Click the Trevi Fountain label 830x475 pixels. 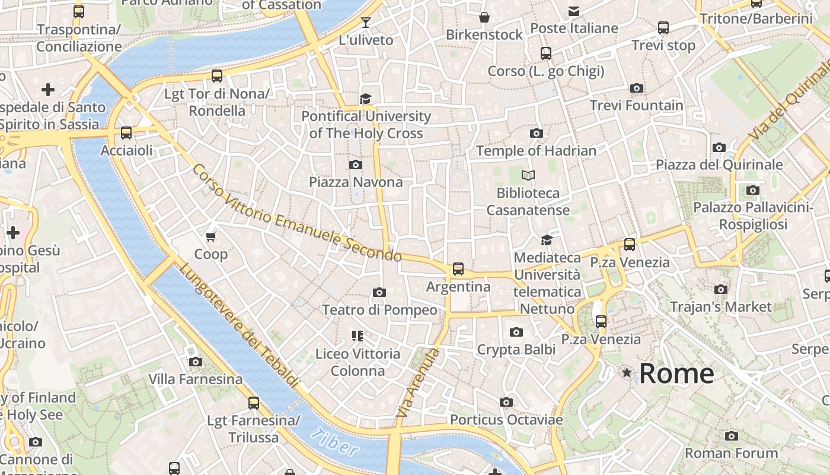[x=636, y=106]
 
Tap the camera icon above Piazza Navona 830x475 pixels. [x=356, y=164]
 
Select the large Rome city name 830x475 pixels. [x=676, y=373]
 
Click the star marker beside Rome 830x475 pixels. [x=627, y=373]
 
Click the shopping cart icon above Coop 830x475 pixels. [x=210, y=236]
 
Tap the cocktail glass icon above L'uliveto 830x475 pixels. [x=366, y=23]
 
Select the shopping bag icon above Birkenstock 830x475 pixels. [x=484, y=17]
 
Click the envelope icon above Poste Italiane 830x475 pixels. [x=574, y=11]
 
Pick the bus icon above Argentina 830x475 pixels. [x=458, y=269]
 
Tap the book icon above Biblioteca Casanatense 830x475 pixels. [x=528, y=175]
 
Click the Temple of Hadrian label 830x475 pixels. [x=536, y=151]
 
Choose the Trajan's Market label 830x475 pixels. [x=720, y=307]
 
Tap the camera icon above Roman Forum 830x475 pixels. [x=731, y=436]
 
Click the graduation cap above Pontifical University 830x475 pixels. [x=366, y=99]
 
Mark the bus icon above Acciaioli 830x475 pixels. [x=126, y=133]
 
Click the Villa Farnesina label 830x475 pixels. [x=195, y=379]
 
